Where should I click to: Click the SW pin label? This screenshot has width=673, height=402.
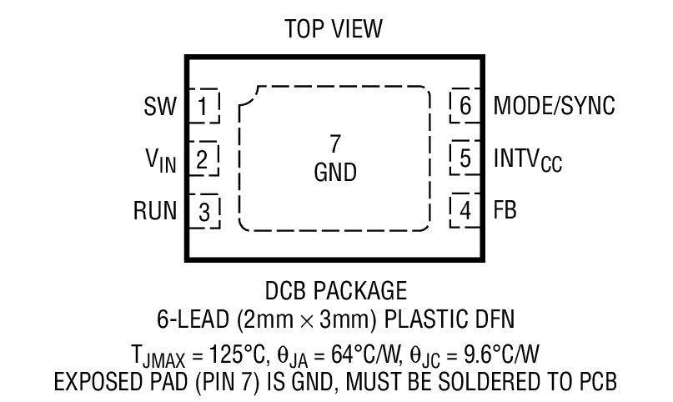[160, 107]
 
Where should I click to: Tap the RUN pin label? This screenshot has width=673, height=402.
[154, 210]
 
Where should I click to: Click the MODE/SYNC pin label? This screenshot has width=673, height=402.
[554, 107]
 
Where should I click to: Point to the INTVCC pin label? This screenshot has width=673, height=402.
[527, 159]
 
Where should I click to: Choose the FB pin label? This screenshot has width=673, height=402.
[505, 210]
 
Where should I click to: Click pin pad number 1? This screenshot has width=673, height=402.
[204, 107]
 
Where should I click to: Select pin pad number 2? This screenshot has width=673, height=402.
[203, 158]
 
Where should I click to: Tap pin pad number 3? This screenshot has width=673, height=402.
[204, 211]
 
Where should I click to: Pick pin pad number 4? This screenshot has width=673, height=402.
[465, 210]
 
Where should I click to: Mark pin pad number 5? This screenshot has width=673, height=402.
[465, 158]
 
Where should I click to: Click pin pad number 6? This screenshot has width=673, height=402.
[465, 107]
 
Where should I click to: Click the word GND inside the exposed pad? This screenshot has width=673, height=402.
[335, 173]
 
